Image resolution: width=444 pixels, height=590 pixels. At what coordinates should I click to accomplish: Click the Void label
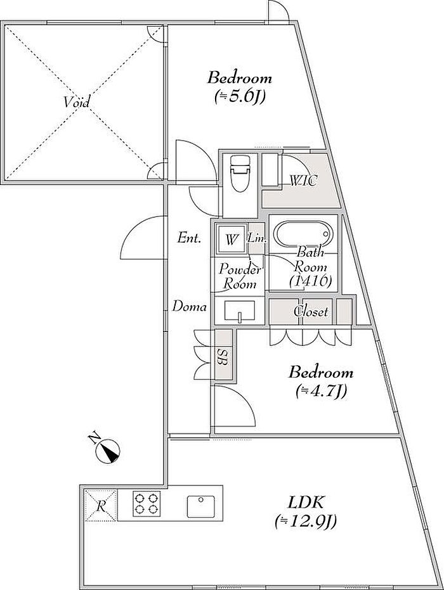77,102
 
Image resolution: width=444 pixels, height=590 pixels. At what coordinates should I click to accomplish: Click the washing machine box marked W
230,240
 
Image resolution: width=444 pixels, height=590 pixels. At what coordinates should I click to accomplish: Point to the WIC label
304,181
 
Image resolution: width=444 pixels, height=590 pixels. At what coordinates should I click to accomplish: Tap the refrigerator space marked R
101,506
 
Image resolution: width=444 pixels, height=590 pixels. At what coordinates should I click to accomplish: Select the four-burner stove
147,503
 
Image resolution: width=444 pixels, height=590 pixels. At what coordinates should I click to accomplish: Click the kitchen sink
201,506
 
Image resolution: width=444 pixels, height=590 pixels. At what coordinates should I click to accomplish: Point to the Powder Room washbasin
240,311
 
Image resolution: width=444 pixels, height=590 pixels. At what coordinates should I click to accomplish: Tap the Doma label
190,307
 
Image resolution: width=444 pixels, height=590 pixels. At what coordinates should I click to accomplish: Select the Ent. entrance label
189,238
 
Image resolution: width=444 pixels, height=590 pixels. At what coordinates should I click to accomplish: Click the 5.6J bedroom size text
240,97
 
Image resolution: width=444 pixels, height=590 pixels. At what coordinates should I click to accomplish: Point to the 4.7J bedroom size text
321,392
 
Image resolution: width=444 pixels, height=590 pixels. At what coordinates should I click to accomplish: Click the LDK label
306,502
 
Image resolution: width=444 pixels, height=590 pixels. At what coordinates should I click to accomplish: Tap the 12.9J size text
306,521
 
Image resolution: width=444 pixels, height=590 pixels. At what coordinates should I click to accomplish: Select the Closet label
311,312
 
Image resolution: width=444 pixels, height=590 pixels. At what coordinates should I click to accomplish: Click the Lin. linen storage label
258,238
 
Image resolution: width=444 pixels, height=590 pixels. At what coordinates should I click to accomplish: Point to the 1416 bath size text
311,281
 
